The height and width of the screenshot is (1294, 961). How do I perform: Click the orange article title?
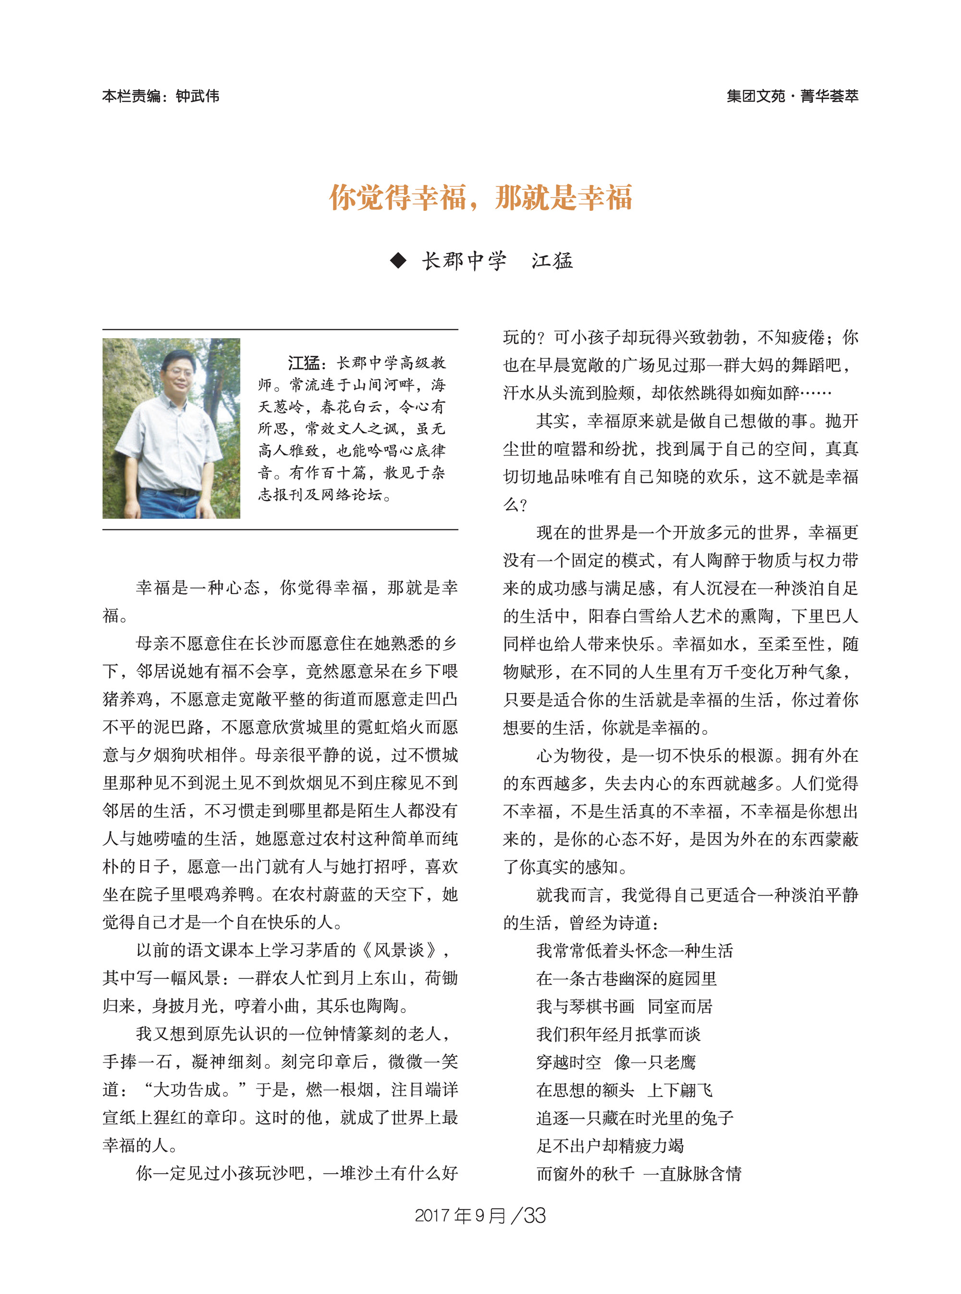click(480, 198)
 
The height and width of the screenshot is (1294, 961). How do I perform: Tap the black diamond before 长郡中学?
click(398, 260)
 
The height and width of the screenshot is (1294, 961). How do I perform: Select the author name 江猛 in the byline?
click(552, 260)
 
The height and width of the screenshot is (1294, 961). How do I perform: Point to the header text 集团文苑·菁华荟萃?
click(792, 96)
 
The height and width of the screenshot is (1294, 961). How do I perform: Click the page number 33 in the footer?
click(535, 1216)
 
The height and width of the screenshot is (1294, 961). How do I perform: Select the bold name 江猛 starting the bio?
click(304, 364)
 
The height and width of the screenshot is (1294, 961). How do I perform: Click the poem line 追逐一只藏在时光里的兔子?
click(634, 1118)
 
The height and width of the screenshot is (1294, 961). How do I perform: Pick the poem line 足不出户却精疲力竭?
click(610, 1146)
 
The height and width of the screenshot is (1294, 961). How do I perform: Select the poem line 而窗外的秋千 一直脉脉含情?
click(638, 1173)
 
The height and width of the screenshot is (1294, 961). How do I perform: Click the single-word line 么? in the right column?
click(515, 504)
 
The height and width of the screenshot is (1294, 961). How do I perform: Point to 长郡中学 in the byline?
click(464, 260)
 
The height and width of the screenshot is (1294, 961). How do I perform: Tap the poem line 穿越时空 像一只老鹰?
click(616, 1062)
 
